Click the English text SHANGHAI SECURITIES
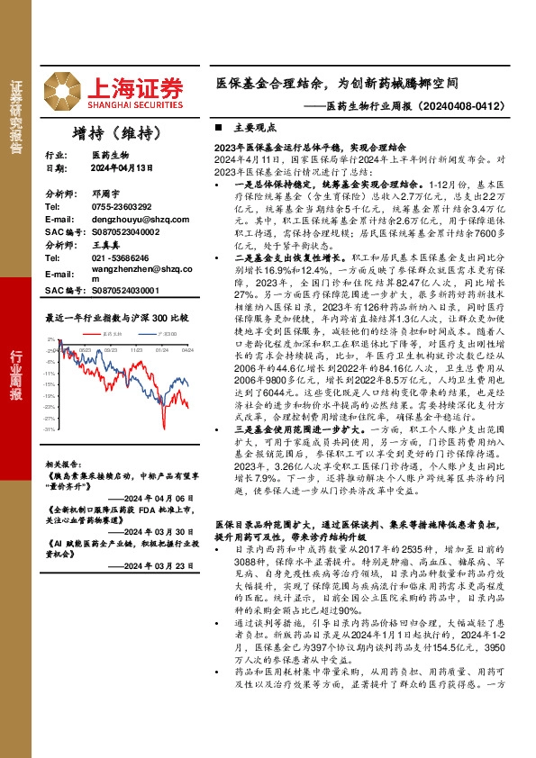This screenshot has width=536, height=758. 135,102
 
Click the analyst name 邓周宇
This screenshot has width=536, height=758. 105,194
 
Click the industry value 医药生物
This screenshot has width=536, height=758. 110,155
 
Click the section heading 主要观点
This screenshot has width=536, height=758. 249,128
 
